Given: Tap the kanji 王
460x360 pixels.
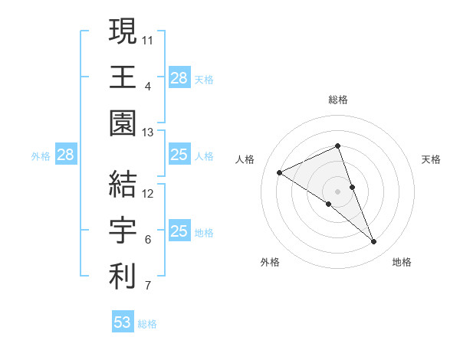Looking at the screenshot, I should pos(123,77).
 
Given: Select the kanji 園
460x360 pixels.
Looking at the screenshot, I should pos(123,123).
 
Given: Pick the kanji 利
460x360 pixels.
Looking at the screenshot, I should pos(123,277).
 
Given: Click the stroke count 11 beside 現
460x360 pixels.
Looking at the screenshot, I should pos(148,38).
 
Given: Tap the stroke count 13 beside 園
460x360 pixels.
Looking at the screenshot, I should pos(148,133).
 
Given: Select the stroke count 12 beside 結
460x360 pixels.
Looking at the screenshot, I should pos(148,192).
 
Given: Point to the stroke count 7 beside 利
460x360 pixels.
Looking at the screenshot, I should pos(148,286).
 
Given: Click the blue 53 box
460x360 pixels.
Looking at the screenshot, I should pos(123,322).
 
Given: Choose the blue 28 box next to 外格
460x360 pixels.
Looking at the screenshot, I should pos(66,155).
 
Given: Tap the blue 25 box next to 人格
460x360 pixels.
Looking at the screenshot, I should pos(179,155).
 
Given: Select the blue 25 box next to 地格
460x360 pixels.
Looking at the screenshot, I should pos(179,231).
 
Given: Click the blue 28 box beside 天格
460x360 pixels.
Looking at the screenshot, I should pos(179,77).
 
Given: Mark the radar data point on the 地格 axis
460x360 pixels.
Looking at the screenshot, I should pos(374,242).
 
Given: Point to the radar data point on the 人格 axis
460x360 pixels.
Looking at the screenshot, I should pos(280,172).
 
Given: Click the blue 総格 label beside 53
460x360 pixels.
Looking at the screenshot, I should pos(147,324).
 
